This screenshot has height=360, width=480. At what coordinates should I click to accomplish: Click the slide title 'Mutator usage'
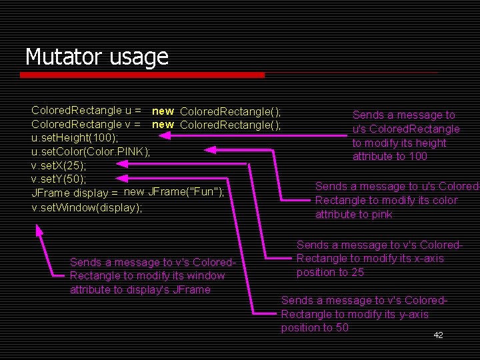coord(97,57)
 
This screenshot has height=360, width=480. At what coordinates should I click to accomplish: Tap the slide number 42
coord(438,335)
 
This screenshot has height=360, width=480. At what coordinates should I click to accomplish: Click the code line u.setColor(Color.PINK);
coord(91,152)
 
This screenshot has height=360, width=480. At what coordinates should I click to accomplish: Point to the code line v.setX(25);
coord(59,165)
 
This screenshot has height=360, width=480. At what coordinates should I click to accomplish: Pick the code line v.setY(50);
coord(59,179)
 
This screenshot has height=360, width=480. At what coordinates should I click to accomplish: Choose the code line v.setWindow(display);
coord(87,207)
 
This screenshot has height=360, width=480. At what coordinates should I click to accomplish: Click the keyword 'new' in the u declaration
coord(163,111)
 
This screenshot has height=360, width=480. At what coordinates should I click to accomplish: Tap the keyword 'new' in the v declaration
coord(163,124)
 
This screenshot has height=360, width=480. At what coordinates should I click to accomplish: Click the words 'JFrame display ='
coord(75,193)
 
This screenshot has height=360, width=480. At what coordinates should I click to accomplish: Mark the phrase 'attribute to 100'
coord(390,157)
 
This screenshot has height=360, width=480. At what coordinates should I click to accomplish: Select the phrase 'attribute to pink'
coord(353,215)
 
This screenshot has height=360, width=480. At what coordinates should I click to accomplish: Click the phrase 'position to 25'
coord(330,273)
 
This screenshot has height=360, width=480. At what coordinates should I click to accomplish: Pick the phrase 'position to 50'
coord(315,328)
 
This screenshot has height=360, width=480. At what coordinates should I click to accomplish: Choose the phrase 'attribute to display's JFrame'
coord(140,290)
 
